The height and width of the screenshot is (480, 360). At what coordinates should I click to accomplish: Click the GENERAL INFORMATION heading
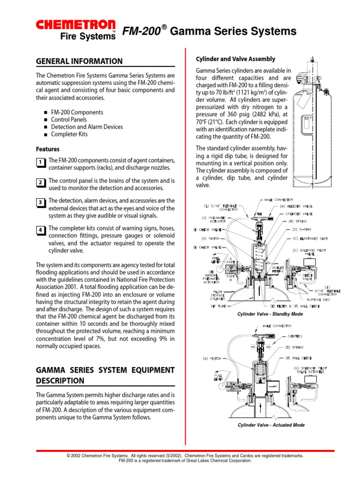[x=79, y=61]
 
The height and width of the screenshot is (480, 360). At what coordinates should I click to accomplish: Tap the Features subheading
[x=48, y=149]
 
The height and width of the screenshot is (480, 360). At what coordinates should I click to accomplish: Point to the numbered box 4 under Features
[x=40, y=230]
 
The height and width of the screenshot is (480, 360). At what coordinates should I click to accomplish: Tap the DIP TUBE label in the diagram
[x=217, y=306]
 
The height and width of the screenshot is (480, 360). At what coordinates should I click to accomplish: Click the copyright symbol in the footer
[x=69, y=455]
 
